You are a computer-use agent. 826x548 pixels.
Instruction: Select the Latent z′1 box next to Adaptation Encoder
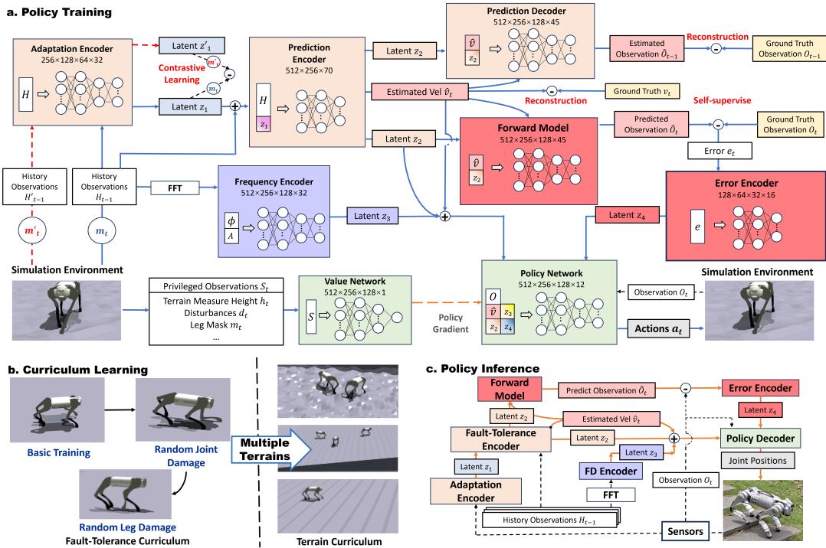(188, 45)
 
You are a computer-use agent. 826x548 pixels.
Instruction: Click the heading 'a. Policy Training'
(58, 12)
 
